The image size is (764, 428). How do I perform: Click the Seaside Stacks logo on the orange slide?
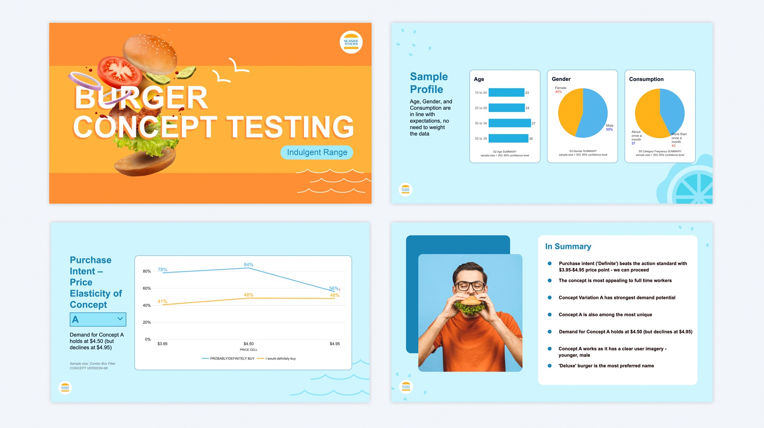[351, 43]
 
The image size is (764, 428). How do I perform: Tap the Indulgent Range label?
[317, 152]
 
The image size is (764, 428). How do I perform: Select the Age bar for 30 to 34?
[509, 123]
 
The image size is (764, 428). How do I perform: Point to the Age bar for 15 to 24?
[506, 93]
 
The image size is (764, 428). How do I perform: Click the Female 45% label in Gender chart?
[560, 90]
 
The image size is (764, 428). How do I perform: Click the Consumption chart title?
[646, 79]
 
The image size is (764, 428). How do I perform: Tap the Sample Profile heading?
[428, 83]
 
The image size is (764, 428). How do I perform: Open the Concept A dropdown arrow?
[119, 319]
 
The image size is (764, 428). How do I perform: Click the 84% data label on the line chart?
[248, 265]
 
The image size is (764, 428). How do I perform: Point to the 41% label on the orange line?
[162, 302]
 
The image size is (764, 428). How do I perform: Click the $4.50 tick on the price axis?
[248, 344]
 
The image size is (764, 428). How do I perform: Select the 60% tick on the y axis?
[147, 288]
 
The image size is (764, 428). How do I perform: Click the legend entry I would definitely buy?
[280, 359]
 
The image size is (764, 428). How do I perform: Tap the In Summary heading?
[568, 247]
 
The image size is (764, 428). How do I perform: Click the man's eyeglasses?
[471, 286]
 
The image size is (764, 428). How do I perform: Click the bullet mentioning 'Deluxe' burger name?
[606, 366]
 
